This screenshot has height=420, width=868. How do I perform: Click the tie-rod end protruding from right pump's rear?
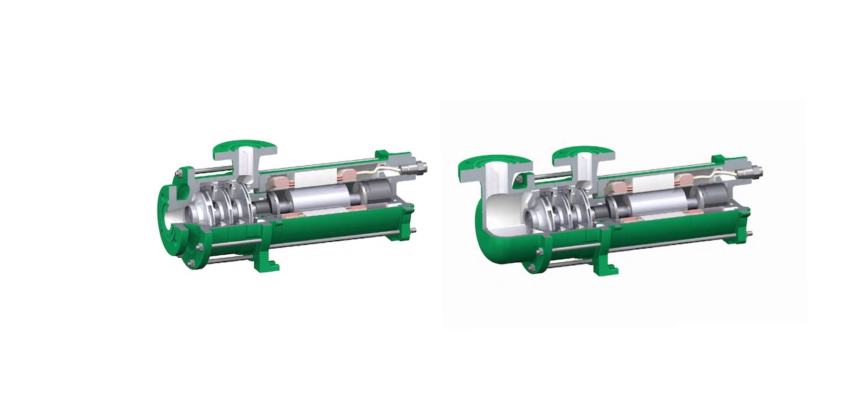(752, 232)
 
